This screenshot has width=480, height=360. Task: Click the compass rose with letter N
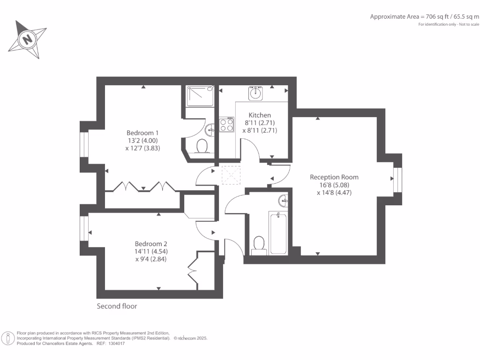[28, 39]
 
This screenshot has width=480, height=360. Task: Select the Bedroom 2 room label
[151, 244]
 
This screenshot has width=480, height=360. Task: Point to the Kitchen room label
[260, 115]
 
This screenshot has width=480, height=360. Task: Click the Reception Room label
[334, 177]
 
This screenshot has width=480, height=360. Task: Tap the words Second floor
[117, 306]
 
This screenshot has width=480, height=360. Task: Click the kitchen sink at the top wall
[255, 93]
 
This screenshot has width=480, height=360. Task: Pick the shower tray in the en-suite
[201, 96]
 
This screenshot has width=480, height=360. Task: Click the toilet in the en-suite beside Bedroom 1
[202, 146]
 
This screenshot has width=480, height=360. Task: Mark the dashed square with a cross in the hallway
[230, 175]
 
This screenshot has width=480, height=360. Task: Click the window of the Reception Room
[397, 179]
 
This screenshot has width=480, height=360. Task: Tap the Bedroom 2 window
[85, 228]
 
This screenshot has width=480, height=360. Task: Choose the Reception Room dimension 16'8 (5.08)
[334, 185]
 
